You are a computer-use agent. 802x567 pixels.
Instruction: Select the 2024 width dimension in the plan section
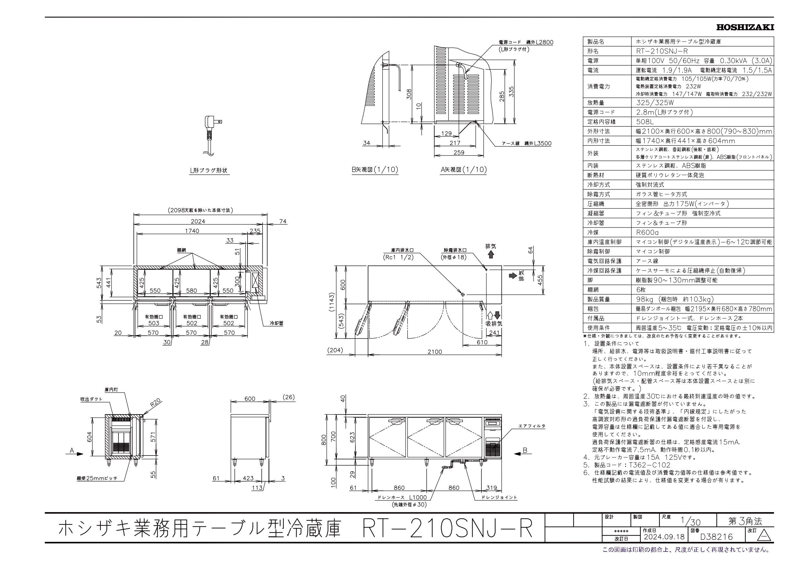[x=198, y=221]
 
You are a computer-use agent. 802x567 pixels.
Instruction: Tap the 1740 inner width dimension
[x=191, y=231]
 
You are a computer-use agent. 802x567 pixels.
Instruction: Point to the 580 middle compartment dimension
[x=191, y=290]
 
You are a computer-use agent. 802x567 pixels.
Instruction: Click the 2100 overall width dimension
[x=435, y=352]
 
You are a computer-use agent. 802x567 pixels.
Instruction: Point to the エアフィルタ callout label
[x=532, y=426]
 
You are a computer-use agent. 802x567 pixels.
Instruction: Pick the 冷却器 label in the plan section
[x=276, y=323]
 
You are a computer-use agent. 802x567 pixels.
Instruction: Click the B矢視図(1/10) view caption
[x=375, y=170]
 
